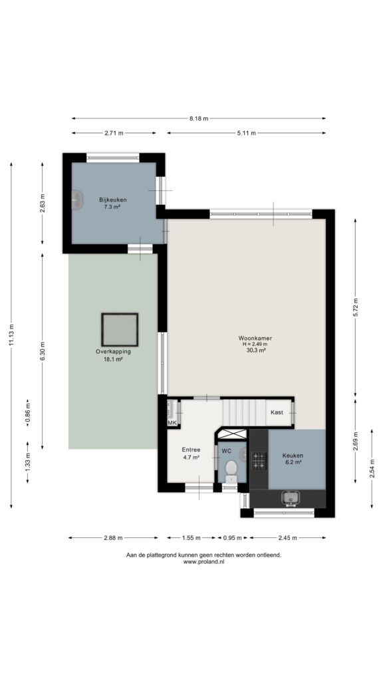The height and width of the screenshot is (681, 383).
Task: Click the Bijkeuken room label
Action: click(113, 200)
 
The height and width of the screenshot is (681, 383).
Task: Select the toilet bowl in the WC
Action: click(231, 469)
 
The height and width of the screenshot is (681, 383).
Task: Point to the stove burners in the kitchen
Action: click(259, 461)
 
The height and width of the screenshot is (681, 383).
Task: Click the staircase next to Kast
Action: click(245, 412)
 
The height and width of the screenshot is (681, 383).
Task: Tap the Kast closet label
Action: click(277, 412)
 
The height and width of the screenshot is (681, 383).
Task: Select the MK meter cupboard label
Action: click(172, 422)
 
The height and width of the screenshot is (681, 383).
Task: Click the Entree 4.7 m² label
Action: click(191, 454)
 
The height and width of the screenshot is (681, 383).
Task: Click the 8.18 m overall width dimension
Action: click(198, 118)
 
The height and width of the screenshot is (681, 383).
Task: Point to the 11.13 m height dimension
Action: click(11, 335)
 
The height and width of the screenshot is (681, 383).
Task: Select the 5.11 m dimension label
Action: click(246, 133)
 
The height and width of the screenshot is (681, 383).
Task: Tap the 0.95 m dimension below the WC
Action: click(232, 537)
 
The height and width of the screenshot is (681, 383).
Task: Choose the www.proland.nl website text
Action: click(203, 561)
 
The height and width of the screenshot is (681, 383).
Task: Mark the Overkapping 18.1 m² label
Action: click(113, 355)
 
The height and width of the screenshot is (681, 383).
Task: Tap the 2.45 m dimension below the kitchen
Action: click(287, 537)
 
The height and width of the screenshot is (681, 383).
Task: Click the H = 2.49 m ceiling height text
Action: click(255, 344)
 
